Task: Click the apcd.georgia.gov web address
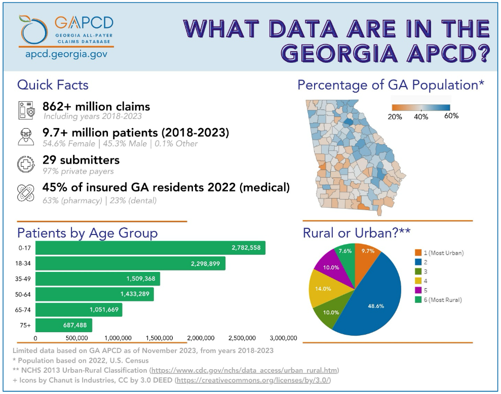(x=66, y=54)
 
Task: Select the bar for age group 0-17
(x=150, y=248)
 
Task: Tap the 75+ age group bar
(x=64, y=326)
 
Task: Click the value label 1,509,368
(x=143, y=279)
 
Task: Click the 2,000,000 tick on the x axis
(x=201, y=338)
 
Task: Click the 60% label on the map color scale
(x=450, y=116)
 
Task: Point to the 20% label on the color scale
(x=395, y=116)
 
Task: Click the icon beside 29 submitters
(x=25, y=165)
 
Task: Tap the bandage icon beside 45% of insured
(x=25, y=192)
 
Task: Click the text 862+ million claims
(x=96, y=106)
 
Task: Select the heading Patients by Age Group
(x=88, y=233)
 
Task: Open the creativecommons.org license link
(x=253, y=380)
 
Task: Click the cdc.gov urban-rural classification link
(x=245, y=370)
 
